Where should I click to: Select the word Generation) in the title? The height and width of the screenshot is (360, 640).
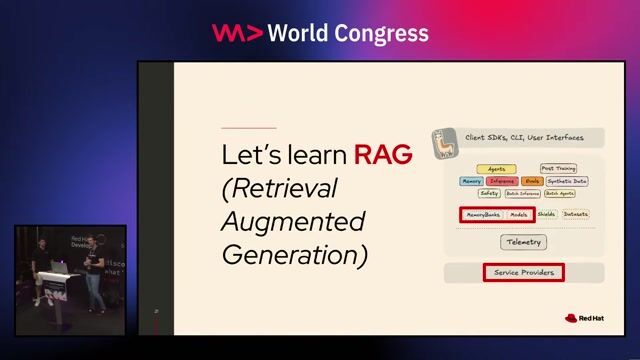pos(294,254)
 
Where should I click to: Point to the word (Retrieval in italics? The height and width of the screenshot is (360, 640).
pos(280,188)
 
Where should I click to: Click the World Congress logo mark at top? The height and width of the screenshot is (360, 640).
pos(237,33)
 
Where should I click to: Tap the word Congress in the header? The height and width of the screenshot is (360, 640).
pos(381,33)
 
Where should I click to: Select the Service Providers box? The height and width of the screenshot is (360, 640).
pos(523,272)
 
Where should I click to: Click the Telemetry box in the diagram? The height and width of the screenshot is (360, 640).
pos(523,242)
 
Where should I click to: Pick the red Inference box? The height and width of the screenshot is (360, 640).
pos(502,181)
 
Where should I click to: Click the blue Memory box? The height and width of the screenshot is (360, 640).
pos(471,181)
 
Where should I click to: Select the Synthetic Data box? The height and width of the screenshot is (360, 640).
pos(567,181)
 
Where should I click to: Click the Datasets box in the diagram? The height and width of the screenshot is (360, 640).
pos(575,214)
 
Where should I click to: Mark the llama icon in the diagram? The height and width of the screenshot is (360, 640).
pos(443,146)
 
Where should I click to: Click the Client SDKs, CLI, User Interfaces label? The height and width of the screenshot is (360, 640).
pos(524,136)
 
